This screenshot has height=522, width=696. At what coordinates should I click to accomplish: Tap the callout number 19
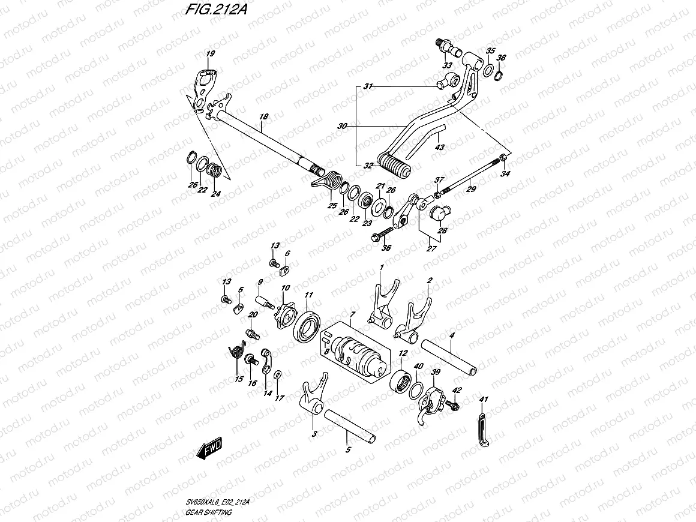(209, 55)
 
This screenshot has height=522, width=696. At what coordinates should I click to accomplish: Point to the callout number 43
(440, 147)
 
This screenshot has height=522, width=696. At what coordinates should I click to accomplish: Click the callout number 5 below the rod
(347, 449)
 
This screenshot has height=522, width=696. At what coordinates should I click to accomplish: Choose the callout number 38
(502, 58)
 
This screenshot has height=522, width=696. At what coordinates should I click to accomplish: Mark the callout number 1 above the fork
(381, 266)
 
